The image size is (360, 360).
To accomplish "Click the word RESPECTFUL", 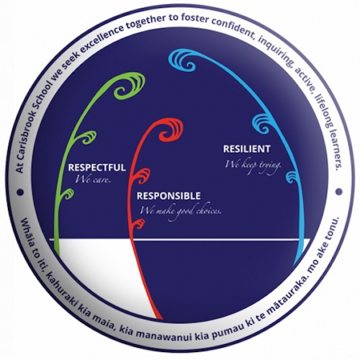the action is tap(97, 167).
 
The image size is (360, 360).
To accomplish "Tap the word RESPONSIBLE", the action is tap(168, 196).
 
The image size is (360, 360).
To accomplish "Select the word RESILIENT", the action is tap(247, 149).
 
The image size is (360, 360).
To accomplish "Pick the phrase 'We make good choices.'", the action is tap(181, 212).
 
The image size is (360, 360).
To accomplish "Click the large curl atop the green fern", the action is tap(130, 86).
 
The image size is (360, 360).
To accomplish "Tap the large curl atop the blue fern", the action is tap(183, 60).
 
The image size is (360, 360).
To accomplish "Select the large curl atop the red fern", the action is tap(171, 130).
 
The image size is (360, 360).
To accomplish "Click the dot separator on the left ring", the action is tap(20, 192).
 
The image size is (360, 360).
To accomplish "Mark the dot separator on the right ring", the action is tap(339, 192).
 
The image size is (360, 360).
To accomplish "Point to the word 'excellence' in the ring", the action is tap(99, 41).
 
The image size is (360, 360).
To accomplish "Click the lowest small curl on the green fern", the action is tap(67, 194).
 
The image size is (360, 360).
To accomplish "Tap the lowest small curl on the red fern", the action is tap(139, 224).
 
